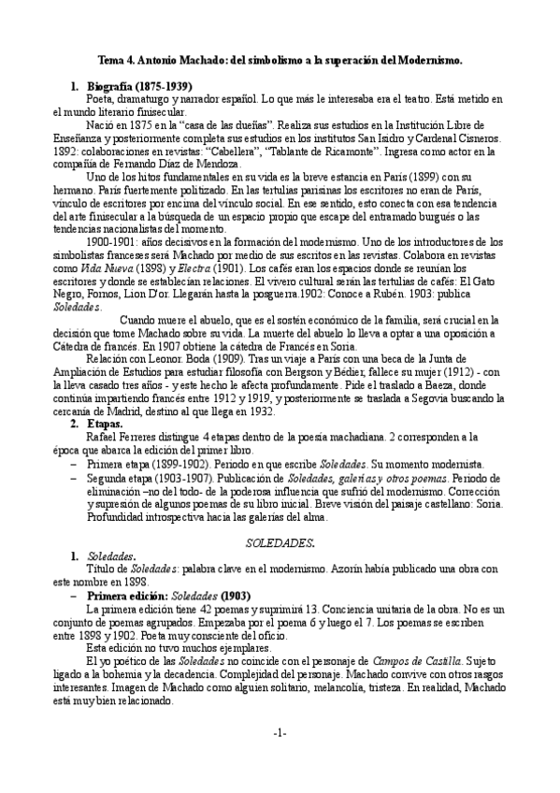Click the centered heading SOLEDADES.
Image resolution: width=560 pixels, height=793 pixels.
pyautogui.click(x=280, y=541)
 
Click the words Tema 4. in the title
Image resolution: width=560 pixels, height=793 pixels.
pyautogui.click(x=118, y=58)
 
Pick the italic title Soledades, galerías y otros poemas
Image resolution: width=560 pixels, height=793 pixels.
pyautogui.click(x=371, y=476)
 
